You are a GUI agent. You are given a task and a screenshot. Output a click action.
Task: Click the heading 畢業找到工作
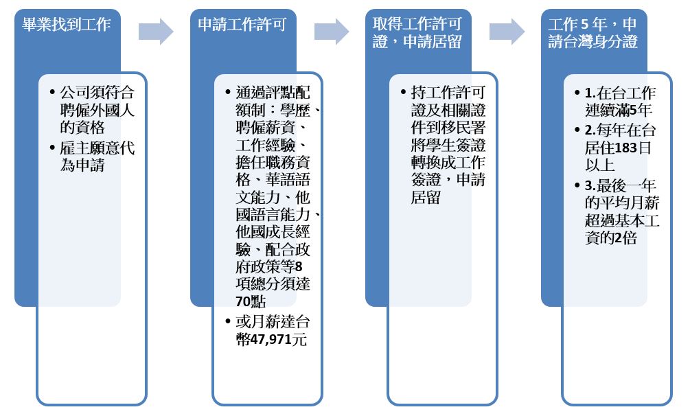(x=67, y=24)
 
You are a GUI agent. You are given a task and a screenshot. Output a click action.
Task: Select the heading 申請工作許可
(x=242, y=24)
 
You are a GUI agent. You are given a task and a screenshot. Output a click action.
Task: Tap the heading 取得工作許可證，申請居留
(x=417, y=32)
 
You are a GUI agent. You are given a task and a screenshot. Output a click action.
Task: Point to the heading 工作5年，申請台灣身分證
(x=593, y=32)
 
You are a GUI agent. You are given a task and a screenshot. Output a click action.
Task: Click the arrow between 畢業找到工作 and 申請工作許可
(x=157, y=32)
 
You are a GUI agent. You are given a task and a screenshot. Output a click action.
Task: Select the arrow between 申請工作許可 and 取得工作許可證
(x=332, y=32)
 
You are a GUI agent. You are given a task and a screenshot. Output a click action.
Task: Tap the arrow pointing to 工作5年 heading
(x=507, y=32)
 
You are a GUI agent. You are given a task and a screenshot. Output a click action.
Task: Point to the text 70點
(x=251, y=301)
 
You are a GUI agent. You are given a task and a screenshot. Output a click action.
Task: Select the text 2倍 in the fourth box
(x=625, y=238)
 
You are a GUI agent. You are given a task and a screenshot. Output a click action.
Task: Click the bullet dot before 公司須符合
(x=52, y=92)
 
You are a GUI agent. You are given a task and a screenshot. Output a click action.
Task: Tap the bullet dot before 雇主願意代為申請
(x=52, y=148)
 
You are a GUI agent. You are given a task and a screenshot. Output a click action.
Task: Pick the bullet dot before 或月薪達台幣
(x=227, y=321)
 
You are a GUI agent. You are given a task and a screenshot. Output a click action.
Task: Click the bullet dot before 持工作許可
(x=403, y=92)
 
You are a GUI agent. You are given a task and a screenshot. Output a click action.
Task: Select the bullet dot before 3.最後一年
(x=577, y=185)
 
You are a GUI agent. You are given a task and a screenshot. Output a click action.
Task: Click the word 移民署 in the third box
(x=463, y=128)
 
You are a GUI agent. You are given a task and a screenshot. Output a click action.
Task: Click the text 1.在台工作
(x=620, y=93)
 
